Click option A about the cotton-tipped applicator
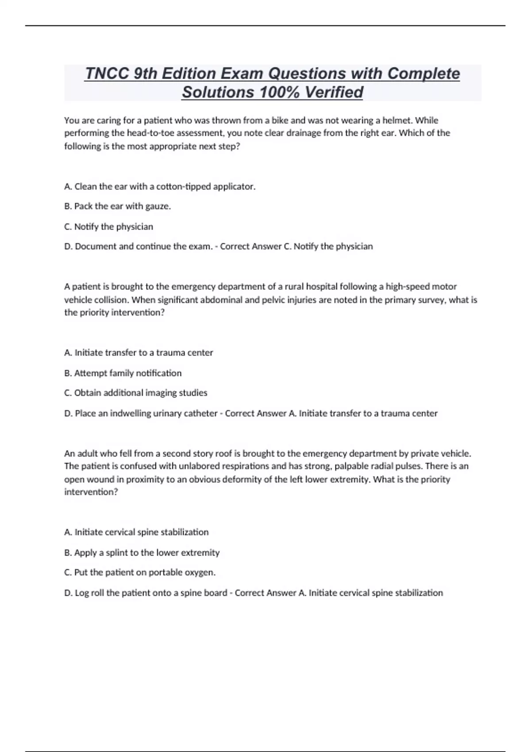point(160,187)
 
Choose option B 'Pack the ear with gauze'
point(118,206)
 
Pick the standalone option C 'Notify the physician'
point(109,226)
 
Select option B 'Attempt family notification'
point(123,373)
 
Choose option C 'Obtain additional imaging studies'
point(136,393)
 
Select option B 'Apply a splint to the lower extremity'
point(142,552)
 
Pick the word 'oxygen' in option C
point(199,572)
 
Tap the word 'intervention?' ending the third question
point(91,492)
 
